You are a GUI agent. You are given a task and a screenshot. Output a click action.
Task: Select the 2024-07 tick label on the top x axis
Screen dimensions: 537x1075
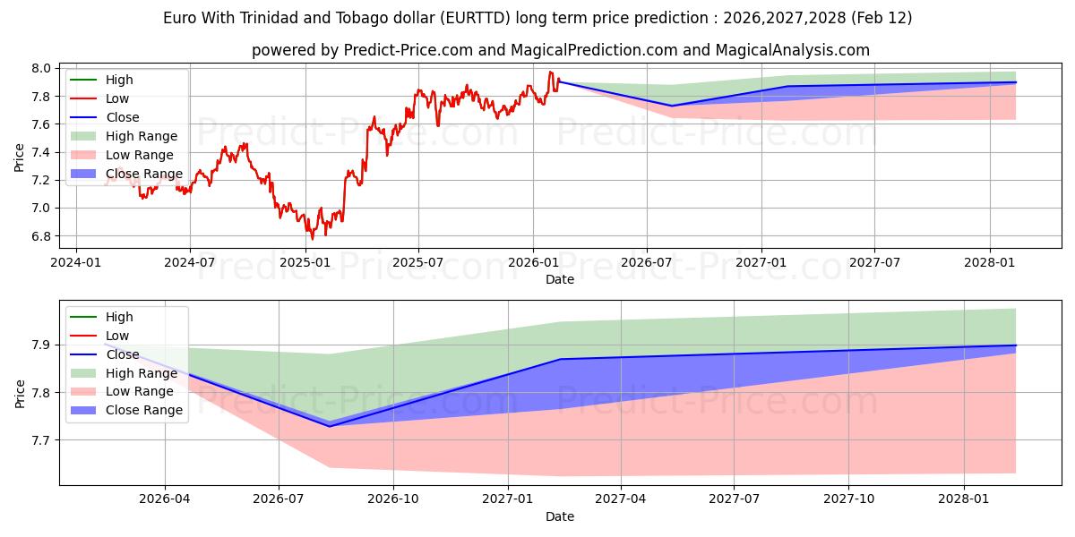tap(190, 262)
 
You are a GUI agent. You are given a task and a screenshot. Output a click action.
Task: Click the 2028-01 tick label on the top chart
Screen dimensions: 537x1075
tap(990, 262)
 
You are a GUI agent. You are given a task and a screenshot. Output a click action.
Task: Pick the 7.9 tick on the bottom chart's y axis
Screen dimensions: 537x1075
tap(42, 345)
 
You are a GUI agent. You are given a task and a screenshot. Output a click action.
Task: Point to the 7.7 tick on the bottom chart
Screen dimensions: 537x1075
tap(42, 440)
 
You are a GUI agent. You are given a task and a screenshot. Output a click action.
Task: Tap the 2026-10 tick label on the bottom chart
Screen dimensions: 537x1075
tap(394, 499)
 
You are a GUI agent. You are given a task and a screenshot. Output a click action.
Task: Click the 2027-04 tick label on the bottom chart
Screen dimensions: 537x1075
tap(621, 499)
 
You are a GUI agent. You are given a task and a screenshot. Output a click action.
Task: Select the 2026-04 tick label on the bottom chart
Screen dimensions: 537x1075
tap(166, 499)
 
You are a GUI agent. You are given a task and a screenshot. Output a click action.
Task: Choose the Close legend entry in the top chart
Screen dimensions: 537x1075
tap(122, 117)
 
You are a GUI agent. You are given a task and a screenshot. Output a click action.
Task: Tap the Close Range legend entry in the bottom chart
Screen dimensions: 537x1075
tap(143, 410)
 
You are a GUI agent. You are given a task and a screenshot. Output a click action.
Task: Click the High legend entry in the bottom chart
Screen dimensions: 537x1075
tap(119, 317)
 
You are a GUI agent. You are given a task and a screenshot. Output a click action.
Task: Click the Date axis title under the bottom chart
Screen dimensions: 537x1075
tap(560, 516)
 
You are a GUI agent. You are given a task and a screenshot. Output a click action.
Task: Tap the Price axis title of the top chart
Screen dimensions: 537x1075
tap(20, 156)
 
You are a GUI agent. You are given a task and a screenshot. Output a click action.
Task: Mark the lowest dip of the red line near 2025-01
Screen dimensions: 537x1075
tap(312, 239)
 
